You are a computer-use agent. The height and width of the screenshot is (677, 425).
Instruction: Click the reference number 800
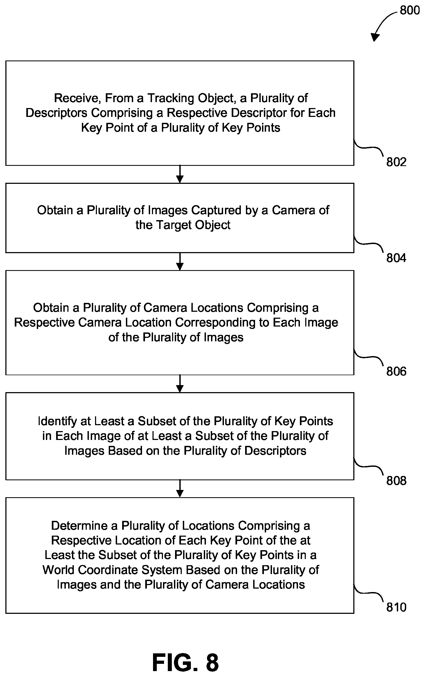[x=409, y=10]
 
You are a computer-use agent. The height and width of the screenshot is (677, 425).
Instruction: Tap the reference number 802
[x=396, y=162]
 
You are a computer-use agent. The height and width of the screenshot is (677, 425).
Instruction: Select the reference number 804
[x=396, y=258]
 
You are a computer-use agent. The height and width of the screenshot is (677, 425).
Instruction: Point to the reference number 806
[x=396, y=372]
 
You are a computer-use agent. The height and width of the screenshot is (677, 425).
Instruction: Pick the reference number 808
[x=396, y=481]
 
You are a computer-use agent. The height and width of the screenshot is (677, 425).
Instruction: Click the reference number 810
[x=396, y=608]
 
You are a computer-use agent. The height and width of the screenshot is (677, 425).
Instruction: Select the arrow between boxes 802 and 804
[x=180, y=174]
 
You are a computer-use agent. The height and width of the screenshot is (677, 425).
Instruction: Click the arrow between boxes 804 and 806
[x=180, y=262]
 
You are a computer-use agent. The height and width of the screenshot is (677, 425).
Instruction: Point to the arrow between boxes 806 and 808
[x=180, y=384]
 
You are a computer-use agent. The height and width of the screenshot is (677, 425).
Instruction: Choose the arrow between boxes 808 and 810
[x=180, y=489]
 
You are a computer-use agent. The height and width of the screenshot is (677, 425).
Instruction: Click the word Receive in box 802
[x=77, y=98]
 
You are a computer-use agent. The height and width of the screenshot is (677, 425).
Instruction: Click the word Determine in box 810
[x=84, y=526]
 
